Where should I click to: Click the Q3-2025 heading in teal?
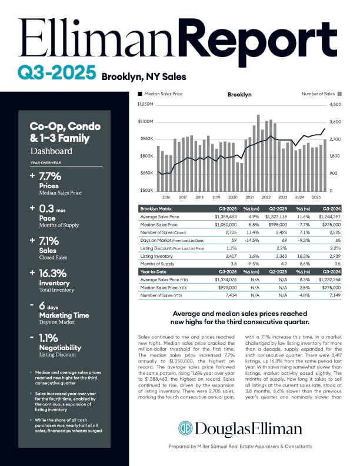click(x=56, y=73)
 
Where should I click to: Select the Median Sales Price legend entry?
click(x=163, y=94)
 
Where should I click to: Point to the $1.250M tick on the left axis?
click(x=145, y=105)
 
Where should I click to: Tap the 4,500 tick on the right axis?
click(x=335, y=105)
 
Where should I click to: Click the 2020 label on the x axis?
click(x=233, y=197)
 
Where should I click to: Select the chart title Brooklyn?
click(x=239, y=94)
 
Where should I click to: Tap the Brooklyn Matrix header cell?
click(x=157, y=208)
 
